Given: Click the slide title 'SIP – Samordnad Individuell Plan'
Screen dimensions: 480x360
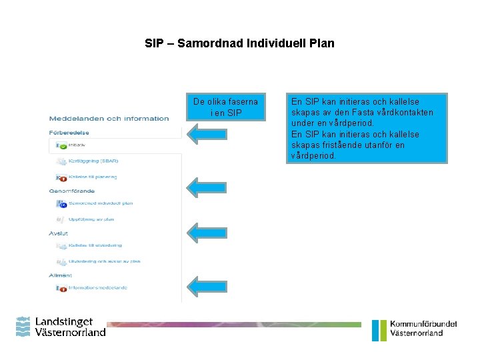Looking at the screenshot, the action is click(239, 43).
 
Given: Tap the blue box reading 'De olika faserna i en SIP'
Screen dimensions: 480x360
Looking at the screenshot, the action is click(226, 107).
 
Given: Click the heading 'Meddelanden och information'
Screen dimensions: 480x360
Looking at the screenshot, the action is click(109, 119).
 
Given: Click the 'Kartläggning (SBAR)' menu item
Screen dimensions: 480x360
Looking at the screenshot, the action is click(93, 161).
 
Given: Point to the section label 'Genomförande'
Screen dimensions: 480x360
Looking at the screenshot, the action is click(71, 191).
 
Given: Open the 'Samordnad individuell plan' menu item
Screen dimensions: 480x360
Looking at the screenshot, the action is click(100, 203).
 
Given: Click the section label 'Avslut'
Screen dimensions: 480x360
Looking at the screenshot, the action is click(59, 233).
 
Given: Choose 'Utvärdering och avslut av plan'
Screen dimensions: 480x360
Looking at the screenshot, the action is click(104, 262).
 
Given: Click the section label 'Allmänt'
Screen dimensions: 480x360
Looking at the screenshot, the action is click(61, 275).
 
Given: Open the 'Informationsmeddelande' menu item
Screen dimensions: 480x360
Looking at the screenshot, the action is click(97, 288).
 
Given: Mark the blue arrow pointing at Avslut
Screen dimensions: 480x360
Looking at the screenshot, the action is click(207, 232).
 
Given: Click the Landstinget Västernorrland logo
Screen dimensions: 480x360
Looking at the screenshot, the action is click(61, 327).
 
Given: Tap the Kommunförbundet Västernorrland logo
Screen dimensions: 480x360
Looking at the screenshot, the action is click(415, 329).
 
